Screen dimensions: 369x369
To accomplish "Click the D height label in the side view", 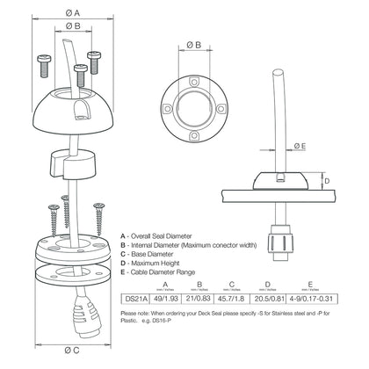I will [x=327, y=182].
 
